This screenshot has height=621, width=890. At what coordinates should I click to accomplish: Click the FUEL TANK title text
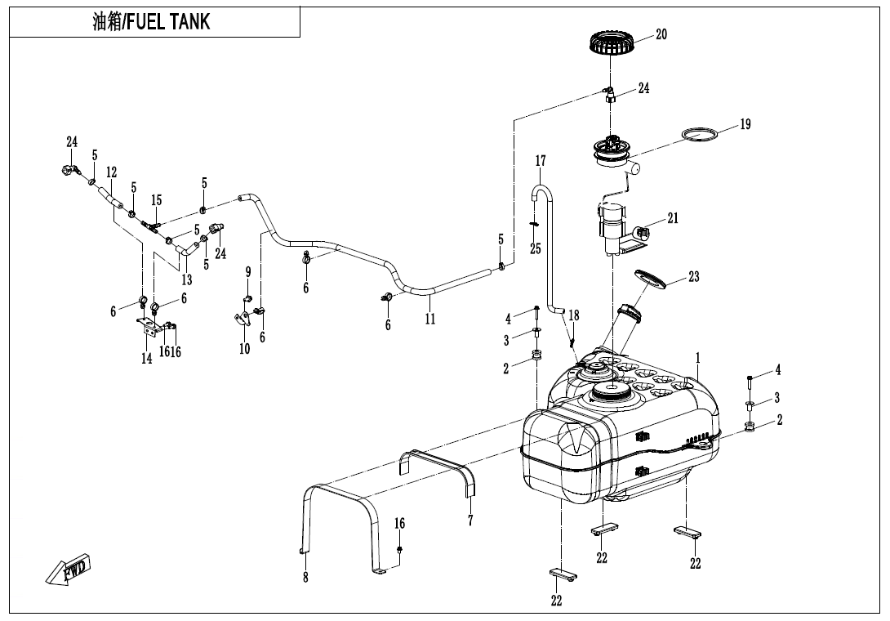tap(151, 22)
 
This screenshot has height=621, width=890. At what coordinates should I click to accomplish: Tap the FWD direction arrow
tap(69, 570)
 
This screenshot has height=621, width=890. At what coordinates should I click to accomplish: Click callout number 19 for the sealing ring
tap(745, 124)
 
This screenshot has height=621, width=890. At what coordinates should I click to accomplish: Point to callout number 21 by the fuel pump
tap(672, 218)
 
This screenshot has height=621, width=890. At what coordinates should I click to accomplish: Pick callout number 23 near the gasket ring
tap(693, 277)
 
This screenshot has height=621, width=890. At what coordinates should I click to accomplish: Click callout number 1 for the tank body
tap(698, 358)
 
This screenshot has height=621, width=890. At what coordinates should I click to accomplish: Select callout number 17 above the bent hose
tap(540, 161)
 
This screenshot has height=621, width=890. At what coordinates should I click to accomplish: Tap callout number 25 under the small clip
tap(535, 248)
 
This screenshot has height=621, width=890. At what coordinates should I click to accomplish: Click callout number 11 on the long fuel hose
tap(429, 319)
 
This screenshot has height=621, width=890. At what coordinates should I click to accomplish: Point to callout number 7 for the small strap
tap(470, 520)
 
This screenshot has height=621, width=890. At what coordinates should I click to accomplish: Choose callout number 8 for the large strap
tap(305, 579)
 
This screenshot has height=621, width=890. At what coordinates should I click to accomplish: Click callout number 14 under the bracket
tap(147, 358)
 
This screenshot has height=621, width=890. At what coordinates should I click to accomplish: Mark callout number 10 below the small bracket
tap(244, 349)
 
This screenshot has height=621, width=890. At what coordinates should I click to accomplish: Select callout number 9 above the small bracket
tap(247, 271)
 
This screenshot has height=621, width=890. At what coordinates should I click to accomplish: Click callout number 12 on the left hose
tap(111, 172)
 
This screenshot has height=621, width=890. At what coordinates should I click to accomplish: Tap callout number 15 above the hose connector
tap(156, 200)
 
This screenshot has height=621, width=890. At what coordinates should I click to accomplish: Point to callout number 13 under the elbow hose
tap(187, 280)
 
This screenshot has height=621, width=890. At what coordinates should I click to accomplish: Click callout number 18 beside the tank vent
tap(574, 315)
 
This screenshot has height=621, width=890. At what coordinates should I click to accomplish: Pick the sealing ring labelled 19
tap(702, 135)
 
